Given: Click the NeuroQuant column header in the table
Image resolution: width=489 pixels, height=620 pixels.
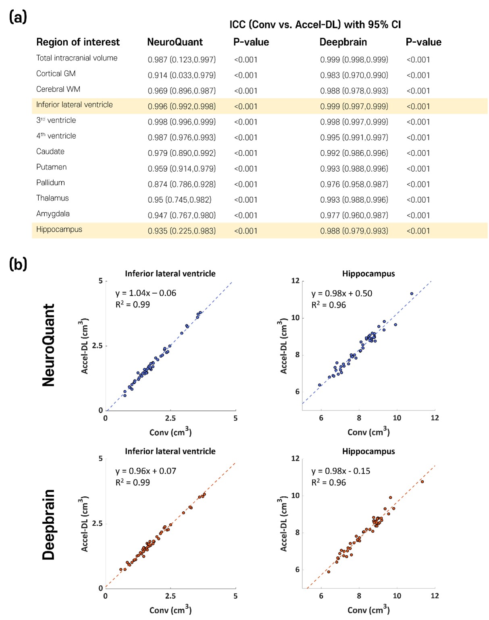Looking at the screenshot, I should tap(175, 42).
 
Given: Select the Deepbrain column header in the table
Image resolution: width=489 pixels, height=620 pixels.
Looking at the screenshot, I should tap(343, 42).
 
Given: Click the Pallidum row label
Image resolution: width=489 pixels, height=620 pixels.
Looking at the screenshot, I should tap(50, 183).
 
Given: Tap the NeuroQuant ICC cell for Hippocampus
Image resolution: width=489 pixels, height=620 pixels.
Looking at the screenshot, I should tap(181, 231).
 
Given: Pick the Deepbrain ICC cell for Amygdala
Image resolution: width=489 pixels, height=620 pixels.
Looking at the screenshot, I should tap(354, 216).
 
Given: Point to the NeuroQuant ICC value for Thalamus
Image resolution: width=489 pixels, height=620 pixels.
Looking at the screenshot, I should tap(179, 200).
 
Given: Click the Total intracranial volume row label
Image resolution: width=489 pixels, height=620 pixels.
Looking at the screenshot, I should tap(77, 58).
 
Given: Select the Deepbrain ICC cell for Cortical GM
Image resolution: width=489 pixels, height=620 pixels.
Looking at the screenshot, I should tap(354, 75).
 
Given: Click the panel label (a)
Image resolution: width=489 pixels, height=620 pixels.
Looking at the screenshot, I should tap(18, 17).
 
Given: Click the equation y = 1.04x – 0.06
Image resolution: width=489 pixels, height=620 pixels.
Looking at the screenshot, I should tap(146, 293).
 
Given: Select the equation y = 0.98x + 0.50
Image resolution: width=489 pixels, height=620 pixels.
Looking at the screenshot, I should tap(341, 293).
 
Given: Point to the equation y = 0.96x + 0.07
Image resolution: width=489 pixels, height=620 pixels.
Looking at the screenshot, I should tap(146, 471).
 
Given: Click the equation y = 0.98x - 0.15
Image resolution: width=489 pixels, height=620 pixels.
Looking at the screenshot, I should tap(341, 471).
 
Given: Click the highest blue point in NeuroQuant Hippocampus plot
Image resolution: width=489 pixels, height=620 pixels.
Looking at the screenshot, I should tap(412, 294).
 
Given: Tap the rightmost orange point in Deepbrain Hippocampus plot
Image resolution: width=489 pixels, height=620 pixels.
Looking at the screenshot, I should tap(422, 481).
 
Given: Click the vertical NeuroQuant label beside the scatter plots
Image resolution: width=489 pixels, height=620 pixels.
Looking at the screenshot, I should tap(49, 345).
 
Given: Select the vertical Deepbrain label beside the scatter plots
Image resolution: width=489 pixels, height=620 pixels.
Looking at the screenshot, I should tap(49, 525).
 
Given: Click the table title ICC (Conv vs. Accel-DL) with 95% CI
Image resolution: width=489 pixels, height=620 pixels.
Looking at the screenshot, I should tap(315, 25).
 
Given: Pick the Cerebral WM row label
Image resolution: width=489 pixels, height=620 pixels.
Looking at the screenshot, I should tap(58, 89).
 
